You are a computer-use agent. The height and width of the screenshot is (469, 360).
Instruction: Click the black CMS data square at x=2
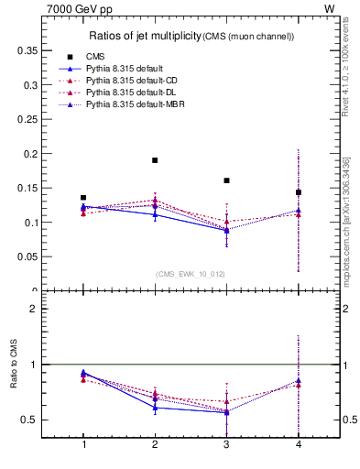[155, 160]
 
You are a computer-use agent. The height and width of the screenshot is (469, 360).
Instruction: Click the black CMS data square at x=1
[83, 198]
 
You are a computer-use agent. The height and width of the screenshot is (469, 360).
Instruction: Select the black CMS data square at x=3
[226, 180]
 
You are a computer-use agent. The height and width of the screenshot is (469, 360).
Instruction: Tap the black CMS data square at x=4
[298, 192]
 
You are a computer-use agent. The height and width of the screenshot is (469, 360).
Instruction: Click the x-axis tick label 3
[226, 444]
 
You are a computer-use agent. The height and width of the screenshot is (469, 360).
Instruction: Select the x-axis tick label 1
[83, 444]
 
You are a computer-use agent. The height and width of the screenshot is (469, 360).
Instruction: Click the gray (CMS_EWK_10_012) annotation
[190, 273]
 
